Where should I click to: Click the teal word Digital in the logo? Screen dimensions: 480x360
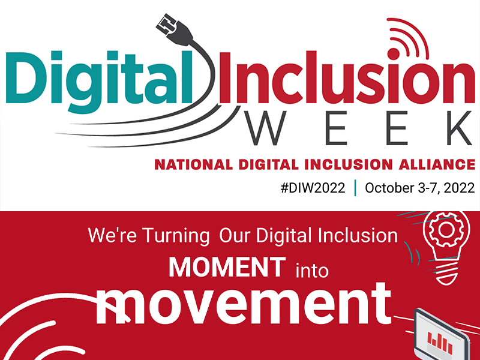click(x=100, y=81)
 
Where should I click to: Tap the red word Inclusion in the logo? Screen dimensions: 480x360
click(x=347, y=78)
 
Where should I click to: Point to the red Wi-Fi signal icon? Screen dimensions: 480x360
click(x=407, y=39)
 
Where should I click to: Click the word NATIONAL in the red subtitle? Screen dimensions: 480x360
click(x=193, y=164)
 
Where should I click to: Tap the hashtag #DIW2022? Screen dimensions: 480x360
click(x=313, y=188)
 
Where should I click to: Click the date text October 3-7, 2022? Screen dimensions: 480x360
click(x=419, y=188)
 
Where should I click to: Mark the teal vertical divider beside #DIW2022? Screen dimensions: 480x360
click(x=355, y=188)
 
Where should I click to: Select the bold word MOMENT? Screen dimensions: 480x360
click(x=227, y=267)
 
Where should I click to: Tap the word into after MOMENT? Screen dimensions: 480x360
click(x=312, y=271)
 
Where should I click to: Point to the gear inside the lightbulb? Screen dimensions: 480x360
click(x=446, y=230)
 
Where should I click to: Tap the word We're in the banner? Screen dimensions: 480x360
click(x=112, y=235)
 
